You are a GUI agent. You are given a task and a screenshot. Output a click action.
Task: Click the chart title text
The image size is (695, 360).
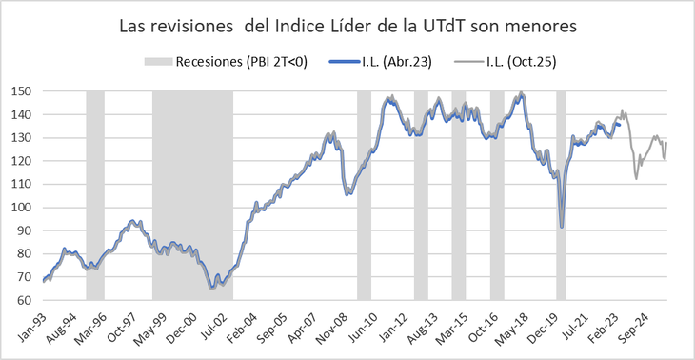[347, 27]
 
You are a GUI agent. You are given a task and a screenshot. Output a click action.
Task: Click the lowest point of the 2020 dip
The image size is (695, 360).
[562, 227]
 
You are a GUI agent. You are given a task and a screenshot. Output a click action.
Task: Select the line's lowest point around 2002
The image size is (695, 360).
[210, 287]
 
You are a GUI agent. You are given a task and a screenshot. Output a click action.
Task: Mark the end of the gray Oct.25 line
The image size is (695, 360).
[666, 143]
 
